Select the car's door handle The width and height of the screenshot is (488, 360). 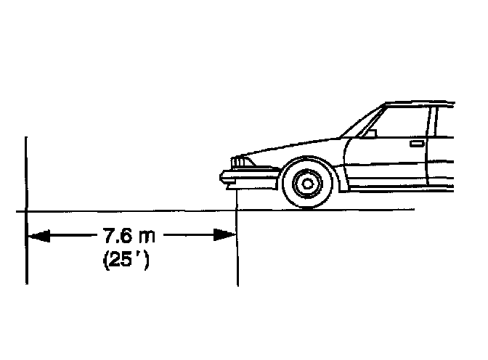[x=417, y=144]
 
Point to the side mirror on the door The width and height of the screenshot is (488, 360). [x=369, y=133]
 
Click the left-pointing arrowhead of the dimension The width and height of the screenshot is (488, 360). [x=36, y=236]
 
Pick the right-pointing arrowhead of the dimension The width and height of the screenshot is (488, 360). [x=226, y=235]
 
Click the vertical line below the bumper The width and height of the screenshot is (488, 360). [x=237, y=240]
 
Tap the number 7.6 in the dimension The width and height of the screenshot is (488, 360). [x=118, y=235]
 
